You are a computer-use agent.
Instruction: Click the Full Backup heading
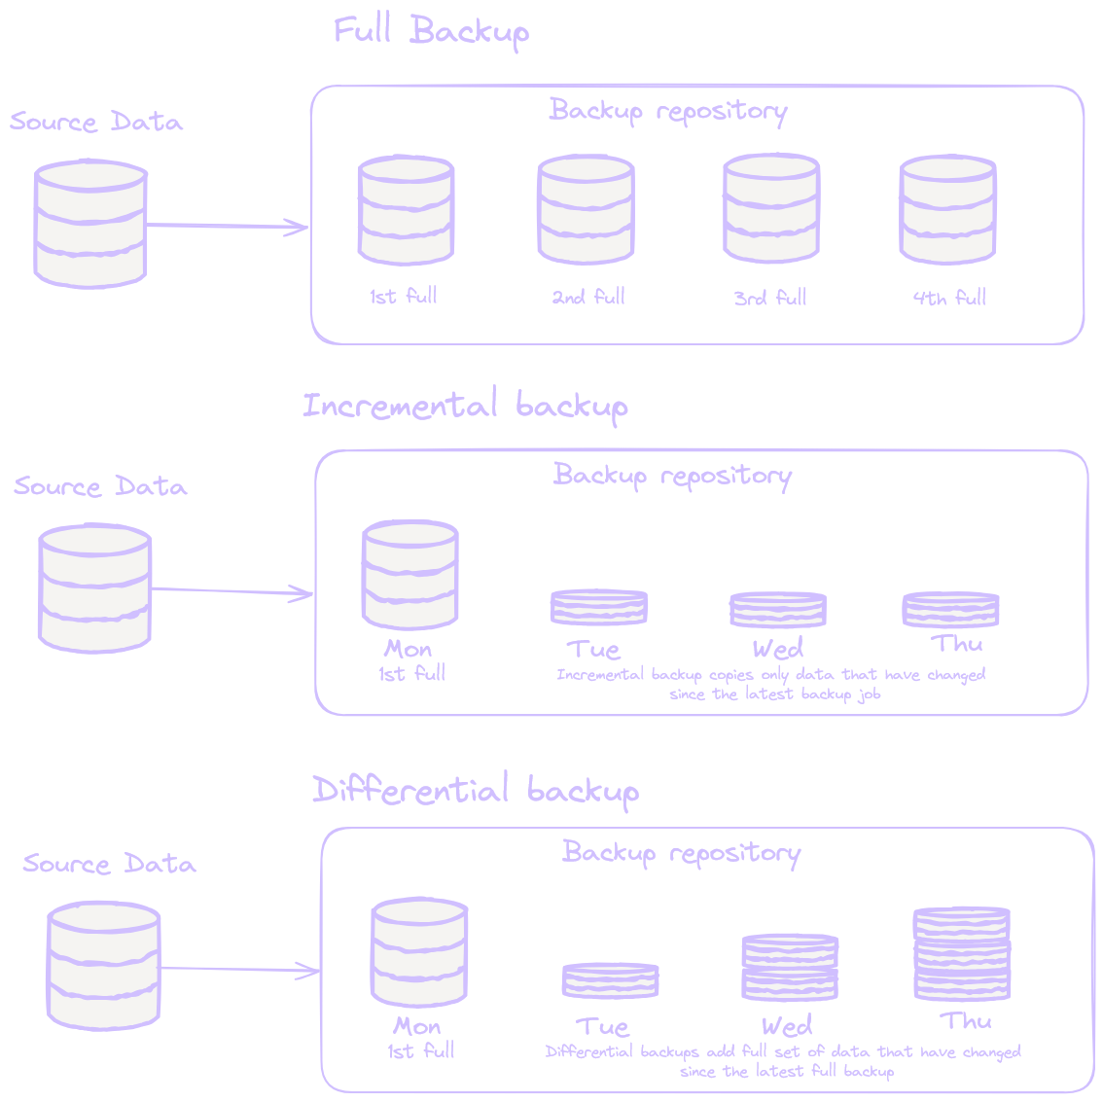tap(431, 31)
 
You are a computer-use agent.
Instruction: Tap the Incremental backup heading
tap(465, 405)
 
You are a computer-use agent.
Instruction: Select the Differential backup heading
tap(475, 790)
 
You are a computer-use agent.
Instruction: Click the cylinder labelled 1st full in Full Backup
tap(406, 209)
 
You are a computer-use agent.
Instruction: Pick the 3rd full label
tap(770, 298)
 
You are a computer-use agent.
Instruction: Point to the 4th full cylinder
tap(947, 209)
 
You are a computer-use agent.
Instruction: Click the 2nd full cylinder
tap(586, 209)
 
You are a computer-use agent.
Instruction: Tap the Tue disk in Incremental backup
tap(598, 608)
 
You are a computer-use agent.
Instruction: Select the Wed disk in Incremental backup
tap(777, 610)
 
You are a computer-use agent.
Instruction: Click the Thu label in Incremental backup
tap(957, 644)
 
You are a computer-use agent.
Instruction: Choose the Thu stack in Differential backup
tap(961, 954)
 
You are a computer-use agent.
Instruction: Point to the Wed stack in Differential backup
tap(789, 967)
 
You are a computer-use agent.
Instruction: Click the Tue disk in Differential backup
tap(610, 980)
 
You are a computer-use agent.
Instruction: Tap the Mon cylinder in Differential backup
tap(420, 953)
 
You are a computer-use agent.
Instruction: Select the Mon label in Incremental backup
tap(408, 649)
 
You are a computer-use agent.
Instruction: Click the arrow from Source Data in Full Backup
tap(228, 227)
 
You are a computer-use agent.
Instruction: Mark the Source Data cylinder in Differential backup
tap(103, 965)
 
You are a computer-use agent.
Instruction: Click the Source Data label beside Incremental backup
tap(100, 486)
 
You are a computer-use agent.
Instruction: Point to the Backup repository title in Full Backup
tap(667, 111)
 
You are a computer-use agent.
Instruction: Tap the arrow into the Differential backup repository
tap(240, 969)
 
